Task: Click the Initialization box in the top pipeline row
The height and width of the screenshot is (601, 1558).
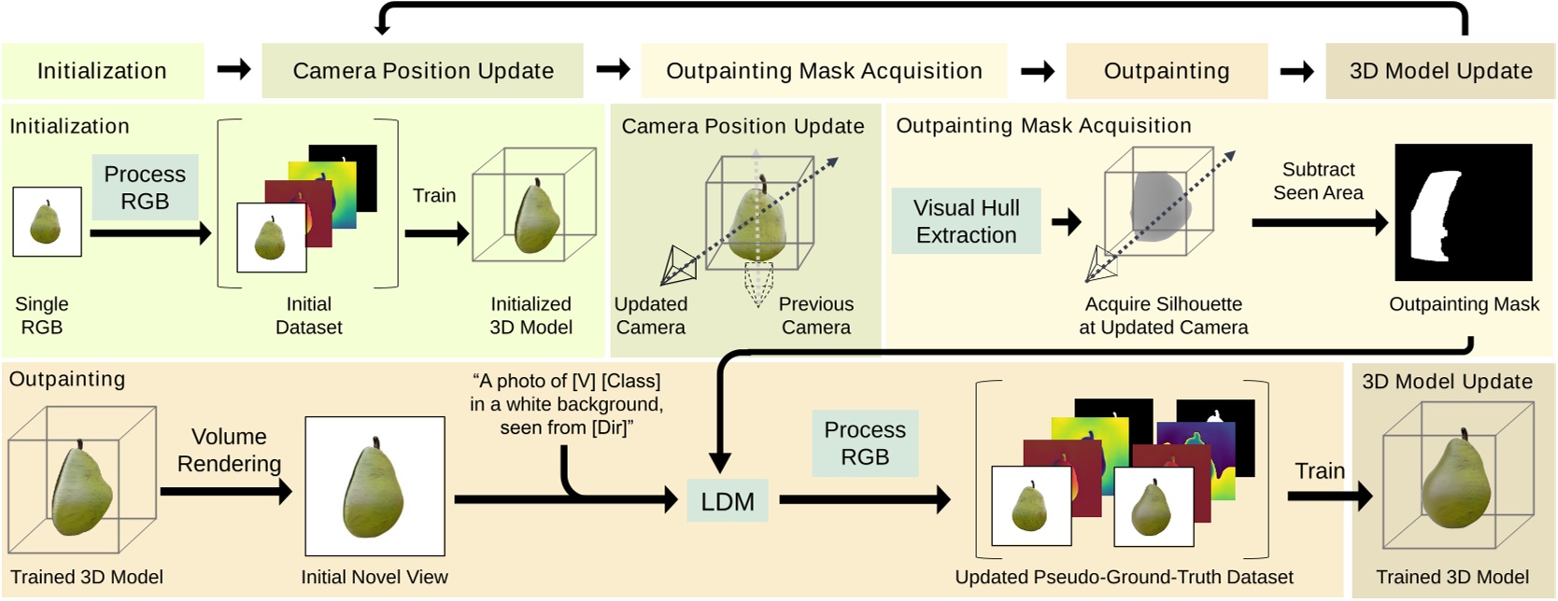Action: pos(102,71)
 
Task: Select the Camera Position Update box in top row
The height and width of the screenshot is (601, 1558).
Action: pos(422,71)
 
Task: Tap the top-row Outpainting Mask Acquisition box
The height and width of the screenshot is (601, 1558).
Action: pos(823,71)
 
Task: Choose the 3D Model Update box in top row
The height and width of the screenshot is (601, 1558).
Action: pos(1440,71)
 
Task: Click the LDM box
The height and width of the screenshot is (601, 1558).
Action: pos(727,501)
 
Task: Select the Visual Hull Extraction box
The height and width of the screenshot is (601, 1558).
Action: pos(966,221)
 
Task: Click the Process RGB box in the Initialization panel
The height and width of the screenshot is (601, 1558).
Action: pos(145,188)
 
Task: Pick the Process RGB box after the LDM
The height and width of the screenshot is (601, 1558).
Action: pos(864,443)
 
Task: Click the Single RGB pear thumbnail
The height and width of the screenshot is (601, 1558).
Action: pos(47,222)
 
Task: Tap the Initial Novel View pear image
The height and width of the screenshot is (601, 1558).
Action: pos(375,486)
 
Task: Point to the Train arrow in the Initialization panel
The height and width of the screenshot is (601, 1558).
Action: pos(436,233)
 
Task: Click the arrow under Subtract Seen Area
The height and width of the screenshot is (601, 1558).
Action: pos(1318,222)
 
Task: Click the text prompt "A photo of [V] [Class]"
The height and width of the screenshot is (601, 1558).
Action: pos(566,381)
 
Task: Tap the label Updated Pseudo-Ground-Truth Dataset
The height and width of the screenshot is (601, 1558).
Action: pos(1124,577)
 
